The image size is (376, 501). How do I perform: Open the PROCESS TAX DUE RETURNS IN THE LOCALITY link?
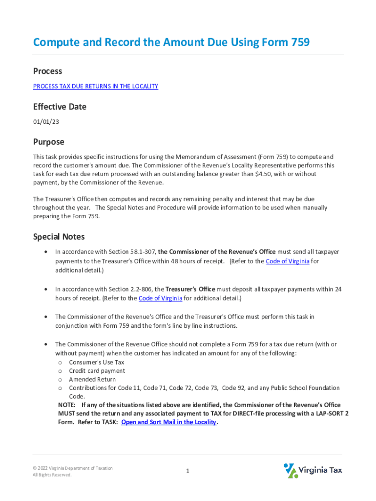[96, 87]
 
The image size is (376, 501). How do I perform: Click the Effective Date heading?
[60, 107]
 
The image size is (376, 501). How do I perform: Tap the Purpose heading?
[48, 142]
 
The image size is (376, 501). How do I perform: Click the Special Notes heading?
[59, 237]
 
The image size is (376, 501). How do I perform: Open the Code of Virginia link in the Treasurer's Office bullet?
[160, 298]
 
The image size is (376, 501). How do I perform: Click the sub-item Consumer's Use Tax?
[97, 363]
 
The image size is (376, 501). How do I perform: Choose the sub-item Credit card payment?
[97, 371]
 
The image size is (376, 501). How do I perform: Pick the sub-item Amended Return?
[92, 379]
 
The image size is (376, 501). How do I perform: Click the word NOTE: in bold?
[67, 405]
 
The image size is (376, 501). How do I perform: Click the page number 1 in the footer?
[188, 471]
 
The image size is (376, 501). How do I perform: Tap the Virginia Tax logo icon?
[291, 470]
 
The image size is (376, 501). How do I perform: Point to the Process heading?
[47, 71]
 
